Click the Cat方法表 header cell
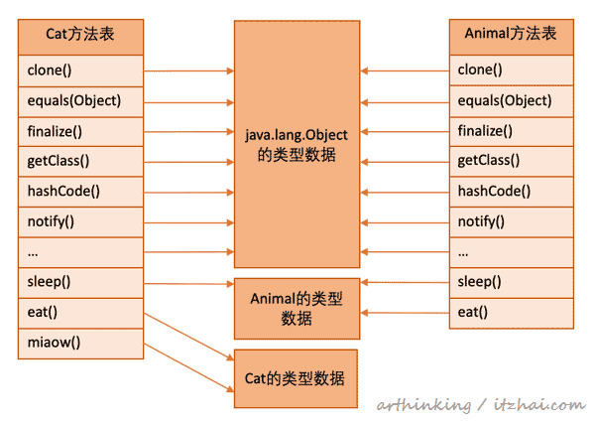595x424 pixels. click(80, 34)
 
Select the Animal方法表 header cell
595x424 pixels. click(511, 34)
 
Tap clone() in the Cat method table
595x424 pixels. click(80, 71)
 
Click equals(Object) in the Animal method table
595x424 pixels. click(511, 100)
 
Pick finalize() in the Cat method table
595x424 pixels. click(80, 131)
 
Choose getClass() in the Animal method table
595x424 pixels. click(511, 161)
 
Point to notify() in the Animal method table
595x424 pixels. click(511, 221)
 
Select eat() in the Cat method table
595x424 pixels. click(80, 313)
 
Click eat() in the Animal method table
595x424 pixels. click(511, 313)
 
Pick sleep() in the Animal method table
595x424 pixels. click(511, 282)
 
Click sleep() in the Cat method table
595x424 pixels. click(80, 282)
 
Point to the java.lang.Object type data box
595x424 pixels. click(297, 144)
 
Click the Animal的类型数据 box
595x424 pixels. click(297, 308)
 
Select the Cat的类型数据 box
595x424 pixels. click(297, 378)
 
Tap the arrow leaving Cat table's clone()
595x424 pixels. click(188, 71)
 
